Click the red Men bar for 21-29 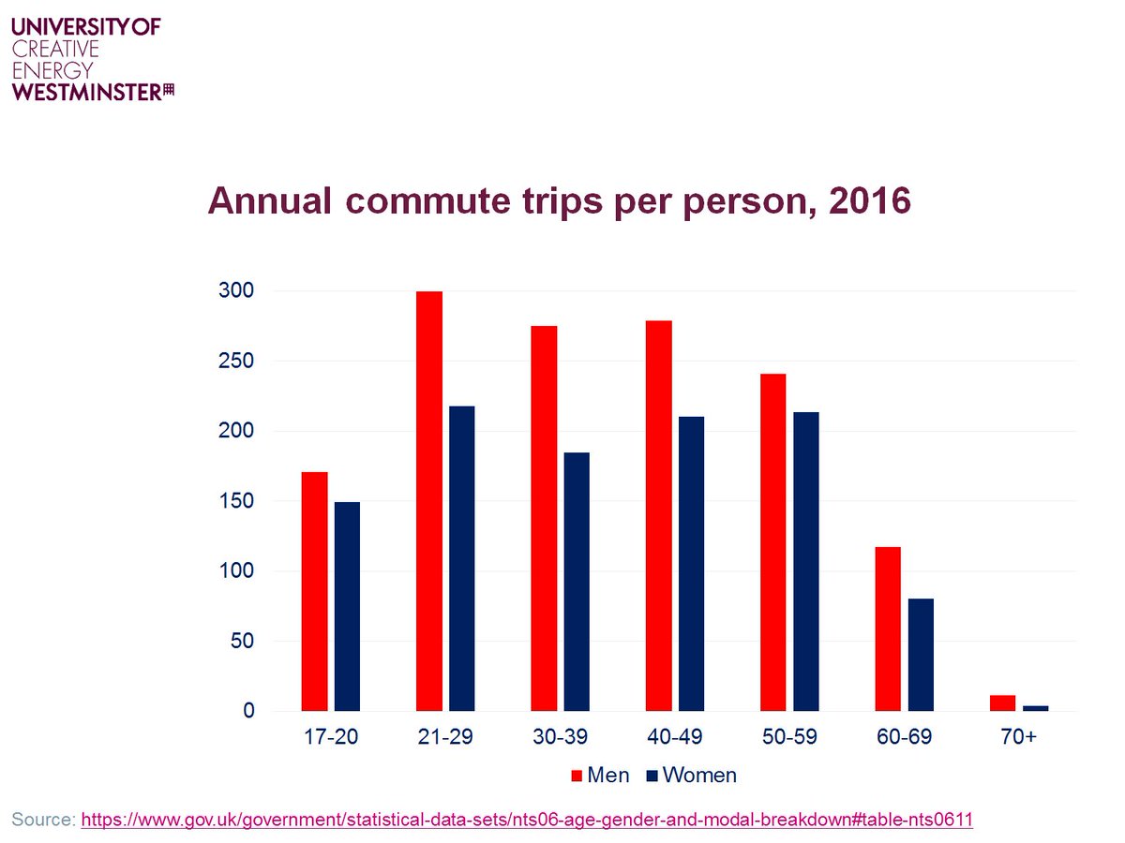point(429,501)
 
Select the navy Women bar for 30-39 point(577,582)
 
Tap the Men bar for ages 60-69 point(888,629)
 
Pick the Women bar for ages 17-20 point(347,606)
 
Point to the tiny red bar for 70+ point(1002,702)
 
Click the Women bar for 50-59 point(806,561)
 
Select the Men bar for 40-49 point(659,515)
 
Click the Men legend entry point(600,776)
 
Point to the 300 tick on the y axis point(241,291)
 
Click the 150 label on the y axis point(241,501)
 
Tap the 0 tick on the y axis point(248,711)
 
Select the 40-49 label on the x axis point(675,738)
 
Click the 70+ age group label point(1018,738)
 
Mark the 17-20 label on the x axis point(331,738)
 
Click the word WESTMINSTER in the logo point(86,91)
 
